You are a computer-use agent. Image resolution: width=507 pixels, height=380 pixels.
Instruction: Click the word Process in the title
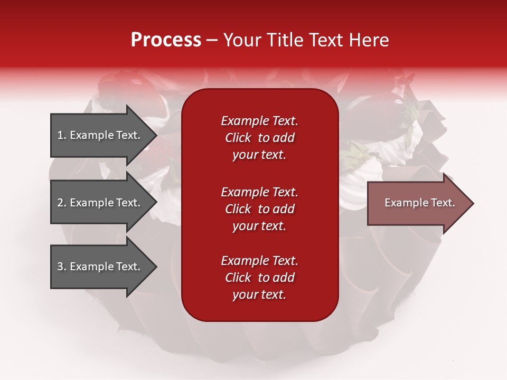coord(166,40)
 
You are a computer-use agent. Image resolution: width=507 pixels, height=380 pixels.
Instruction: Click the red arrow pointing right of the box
coord(417,203)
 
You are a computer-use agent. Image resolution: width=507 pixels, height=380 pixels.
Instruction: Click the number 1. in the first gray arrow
coord(62,135)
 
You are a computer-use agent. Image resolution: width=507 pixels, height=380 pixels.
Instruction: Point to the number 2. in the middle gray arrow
coord(62,203)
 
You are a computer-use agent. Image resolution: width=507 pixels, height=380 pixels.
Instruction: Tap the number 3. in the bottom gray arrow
coord(62,267)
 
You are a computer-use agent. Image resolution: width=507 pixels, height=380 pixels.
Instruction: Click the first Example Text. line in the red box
coord(259,121)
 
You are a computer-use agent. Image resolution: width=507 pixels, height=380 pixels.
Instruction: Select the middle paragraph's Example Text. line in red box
coord(259,192)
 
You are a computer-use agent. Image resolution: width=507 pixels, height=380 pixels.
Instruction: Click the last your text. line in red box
coord(259,295)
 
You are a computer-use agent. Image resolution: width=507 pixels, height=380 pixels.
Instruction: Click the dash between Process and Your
coord(212,40)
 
